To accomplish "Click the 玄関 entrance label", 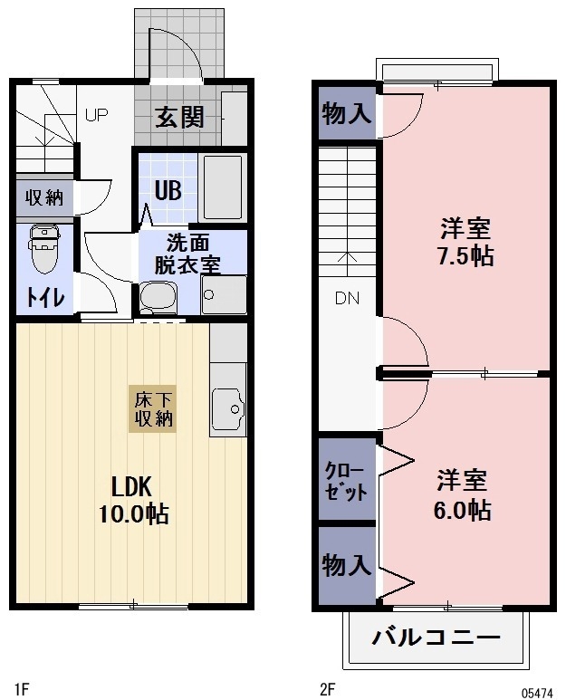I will click(x=178, y=118).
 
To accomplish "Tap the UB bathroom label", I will click(x=167, y=190).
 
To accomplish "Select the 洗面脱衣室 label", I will click(x=187, y=254).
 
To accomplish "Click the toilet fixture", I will click(x=43, y=248).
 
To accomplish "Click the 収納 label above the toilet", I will click(x=43, y=197).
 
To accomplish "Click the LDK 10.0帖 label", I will click(x=133, y=498).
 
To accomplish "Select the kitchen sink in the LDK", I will click(x=227, y=408).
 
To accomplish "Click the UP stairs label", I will click(x=97, y=115).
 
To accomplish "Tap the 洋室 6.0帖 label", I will click(x=464, y=494).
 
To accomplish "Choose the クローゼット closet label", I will click(x=346, y=481).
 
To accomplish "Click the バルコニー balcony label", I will click(x=436, y=638).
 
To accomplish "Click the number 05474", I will click(x=536, y=691).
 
